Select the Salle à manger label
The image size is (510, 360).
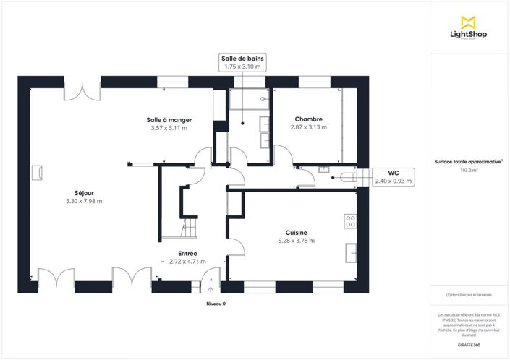coord(168,119)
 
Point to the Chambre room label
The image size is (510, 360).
coord(308,119)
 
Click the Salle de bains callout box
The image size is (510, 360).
coord(242,62)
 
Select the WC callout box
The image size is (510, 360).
coord(393,177)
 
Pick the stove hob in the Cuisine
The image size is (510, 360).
coord(350,220)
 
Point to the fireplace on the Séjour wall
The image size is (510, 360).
coord(36,172)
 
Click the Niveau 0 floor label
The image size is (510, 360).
coord(216,304)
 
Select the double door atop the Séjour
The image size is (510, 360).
coord(82,91)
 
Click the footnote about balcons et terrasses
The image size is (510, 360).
coord(469,296)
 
